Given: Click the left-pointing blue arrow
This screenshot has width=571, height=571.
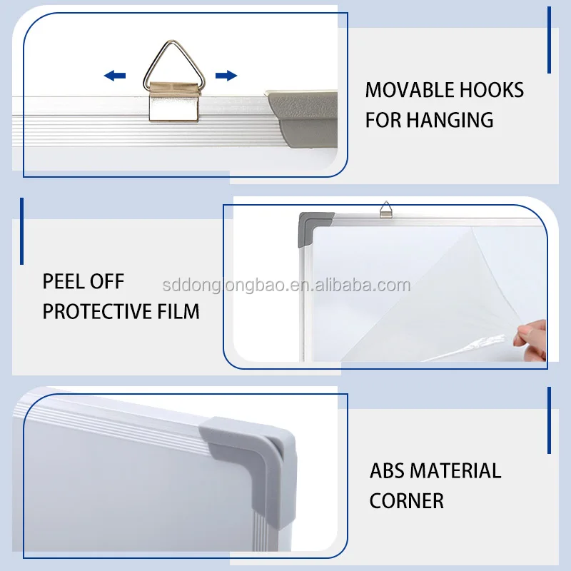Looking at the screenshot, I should (x=114, y=75).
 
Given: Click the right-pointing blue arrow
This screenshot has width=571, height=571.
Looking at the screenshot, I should (x=226, y=75).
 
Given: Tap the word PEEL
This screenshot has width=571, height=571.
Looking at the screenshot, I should (x=62, y=281).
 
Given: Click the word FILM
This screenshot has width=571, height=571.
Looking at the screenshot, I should (x=178, y=311).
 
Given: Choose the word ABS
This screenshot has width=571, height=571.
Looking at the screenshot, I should (x=388, y=471).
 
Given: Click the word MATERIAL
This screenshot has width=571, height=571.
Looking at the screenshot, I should (x=458, y=471).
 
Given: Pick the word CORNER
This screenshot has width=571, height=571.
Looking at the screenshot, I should (x=406, y=500).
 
